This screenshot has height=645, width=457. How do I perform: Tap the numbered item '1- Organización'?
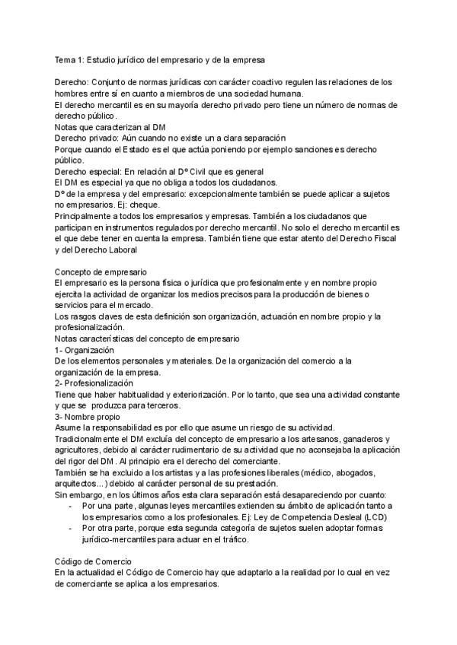[84, 349]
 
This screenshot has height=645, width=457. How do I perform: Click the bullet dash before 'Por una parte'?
[71, 506]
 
